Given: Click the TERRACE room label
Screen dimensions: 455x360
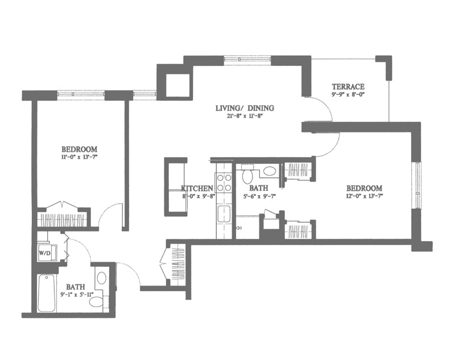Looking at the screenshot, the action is (348, 86).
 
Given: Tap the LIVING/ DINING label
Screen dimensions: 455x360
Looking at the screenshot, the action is (245, 108).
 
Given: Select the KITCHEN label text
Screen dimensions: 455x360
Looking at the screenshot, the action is (197, 188).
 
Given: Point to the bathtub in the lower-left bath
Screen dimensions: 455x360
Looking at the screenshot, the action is (47, 293).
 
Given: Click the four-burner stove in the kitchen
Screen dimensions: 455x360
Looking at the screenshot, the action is (223, 183).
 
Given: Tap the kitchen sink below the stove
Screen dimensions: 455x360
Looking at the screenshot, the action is (224, 214).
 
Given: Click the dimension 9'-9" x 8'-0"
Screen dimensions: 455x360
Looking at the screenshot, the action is (348, 94).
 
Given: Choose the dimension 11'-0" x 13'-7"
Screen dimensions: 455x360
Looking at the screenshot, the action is (79, 157).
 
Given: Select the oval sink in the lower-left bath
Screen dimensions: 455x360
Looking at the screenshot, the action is (102, 278).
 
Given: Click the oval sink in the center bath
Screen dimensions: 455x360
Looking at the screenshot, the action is (270, 171).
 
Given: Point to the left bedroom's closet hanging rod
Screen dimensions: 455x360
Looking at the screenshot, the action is (61, 220).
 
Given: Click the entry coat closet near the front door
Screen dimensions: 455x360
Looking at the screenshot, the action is (177, 265).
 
